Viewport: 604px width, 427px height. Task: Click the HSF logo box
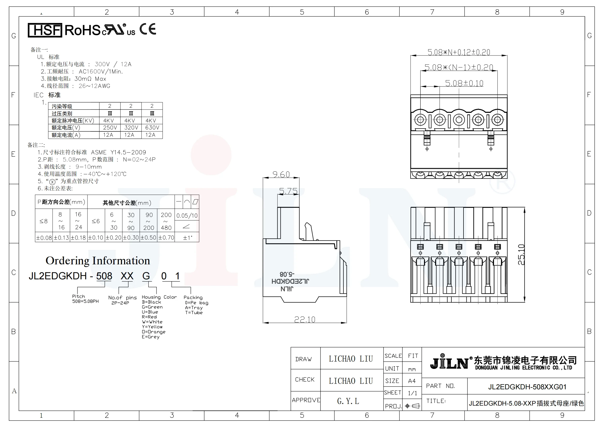[x=45, y=30]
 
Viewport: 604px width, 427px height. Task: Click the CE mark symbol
[x=148, y=29]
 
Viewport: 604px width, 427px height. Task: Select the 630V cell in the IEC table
[x=152, y=128]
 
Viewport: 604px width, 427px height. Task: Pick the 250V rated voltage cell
[x=110, y=128]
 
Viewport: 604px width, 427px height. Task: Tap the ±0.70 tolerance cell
[x=166, y=238]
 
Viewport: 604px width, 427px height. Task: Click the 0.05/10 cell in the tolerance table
[x=187, y=216]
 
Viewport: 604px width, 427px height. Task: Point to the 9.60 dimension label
[x=281, y=175]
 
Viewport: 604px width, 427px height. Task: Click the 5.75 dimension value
[x=288, y=191]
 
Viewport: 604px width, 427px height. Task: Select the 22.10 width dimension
[x=305, y=319]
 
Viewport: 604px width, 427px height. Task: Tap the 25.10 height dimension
[x=521, y=255]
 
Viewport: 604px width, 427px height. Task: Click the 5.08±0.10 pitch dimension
[x=464, y=83]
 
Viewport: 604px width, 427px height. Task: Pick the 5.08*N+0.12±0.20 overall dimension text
[x=459, y=52]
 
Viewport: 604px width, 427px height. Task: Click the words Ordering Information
[x=98, y=261]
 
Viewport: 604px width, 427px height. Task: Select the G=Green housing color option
[x=152, y=307]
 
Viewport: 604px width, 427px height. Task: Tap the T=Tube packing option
[x=194, y=313]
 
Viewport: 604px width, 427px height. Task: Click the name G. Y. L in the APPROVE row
[x=348, y=401]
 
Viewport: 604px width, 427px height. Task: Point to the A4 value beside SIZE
[x=412, y=381]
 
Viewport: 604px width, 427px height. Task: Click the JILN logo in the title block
[x=449, y=362]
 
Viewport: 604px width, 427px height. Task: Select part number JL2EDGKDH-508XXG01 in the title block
[x=527, y=387]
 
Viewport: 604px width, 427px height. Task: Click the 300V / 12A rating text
[x=113, y=65]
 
